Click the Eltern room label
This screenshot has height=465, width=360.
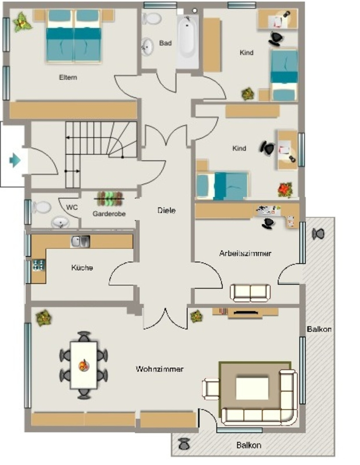click(x=68, y=77)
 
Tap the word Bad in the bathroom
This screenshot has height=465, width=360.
click(x=165, y=43)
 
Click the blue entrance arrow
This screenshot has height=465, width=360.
click(x=15, y=160)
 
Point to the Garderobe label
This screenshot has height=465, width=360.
click(x=109, y=213)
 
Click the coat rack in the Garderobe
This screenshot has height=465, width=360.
click(x=110, y=199)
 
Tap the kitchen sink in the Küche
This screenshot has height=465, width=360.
click(x=80, y=242)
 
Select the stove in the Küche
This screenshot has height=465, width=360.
click(x=39, y=265)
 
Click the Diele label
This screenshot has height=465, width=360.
click(x=166, y=211)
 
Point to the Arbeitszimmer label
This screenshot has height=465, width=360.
click(x=245, y=253)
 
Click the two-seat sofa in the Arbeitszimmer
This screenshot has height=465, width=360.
click(x=250, y=293)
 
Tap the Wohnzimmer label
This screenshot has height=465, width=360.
click(x=160, y=369)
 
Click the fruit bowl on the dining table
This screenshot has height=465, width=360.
click(x=84, y=365)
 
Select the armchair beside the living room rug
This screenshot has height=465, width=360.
click(x=211, y=389)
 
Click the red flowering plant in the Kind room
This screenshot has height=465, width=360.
click(x=285, y=190)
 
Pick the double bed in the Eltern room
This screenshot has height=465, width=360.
click(x=74, y=36)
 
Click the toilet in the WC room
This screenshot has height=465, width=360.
click(x=41, y=207)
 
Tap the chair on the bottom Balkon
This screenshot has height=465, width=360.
click(x=184, y=444)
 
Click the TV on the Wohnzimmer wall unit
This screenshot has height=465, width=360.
click(x=245, y=312)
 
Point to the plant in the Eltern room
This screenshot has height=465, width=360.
click(x=22, y=22)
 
